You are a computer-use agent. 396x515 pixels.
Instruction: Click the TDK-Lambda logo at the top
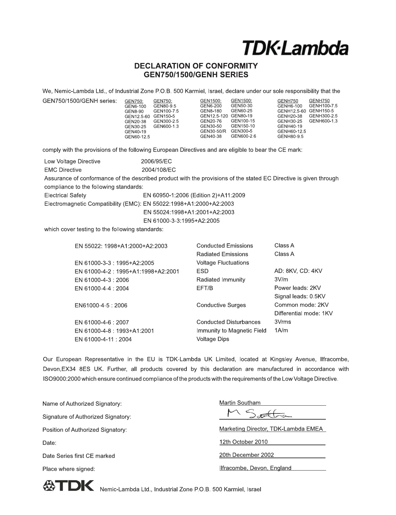click(295, 48)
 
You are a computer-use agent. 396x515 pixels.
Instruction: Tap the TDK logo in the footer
click(68, 486)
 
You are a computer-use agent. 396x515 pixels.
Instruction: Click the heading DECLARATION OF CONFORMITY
click(196, 66)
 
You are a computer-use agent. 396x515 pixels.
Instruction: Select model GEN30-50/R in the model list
click(213, 131)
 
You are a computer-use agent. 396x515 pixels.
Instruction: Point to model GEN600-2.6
click(243, 136)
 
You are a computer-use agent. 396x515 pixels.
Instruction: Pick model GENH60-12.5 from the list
click(291, 131)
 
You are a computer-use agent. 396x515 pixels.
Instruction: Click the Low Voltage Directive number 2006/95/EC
click(156, 162)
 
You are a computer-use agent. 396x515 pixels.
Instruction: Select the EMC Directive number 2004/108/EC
click(159, 170)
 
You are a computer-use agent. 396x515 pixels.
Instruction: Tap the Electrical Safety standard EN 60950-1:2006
click(194, 195)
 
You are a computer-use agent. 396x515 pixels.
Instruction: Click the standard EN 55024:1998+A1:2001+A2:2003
click(188, 212)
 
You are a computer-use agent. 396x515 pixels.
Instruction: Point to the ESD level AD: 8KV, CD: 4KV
click(298, 271)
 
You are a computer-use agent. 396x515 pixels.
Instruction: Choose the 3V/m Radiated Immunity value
click(281, 279)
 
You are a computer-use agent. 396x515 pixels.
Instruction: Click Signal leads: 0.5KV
click(300, 296)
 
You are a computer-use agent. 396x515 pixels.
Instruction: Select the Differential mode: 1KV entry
click(303, 313)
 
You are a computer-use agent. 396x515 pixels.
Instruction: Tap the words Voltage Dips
click(212, 339)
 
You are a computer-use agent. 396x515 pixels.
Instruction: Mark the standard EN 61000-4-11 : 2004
click(103, 339)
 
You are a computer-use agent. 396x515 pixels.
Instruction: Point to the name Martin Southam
click(240, 403)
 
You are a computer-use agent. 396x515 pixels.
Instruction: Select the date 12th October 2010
click(243, 442)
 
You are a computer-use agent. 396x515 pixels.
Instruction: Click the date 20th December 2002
click(246, 455)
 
